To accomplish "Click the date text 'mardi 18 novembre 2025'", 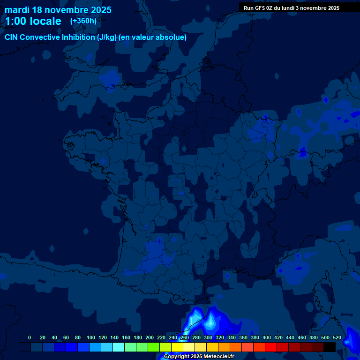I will [58, 10].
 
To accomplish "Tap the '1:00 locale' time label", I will [33, 21].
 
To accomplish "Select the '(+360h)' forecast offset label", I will [83, 21].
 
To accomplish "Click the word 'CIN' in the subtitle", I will [12, 37].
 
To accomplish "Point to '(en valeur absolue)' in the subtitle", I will [153, 37].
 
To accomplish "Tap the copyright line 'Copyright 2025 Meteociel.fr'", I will [199, 356].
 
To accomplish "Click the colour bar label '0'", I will [30, 337].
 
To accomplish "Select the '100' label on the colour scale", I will [91, 337].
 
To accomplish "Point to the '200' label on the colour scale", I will [150, 337].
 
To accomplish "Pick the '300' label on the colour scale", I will [208, 337].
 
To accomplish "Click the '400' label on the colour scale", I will [267, 337].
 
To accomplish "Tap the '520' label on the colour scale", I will [337, 337].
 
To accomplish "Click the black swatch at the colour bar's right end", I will [330, 347].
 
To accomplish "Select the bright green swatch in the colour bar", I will [154, 347].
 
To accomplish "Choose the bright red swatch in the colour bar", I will [271, 347].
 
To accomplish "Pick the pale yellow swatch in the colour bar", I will [189, 347].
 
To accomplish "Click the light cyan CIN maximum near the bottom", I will [210, 322].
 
